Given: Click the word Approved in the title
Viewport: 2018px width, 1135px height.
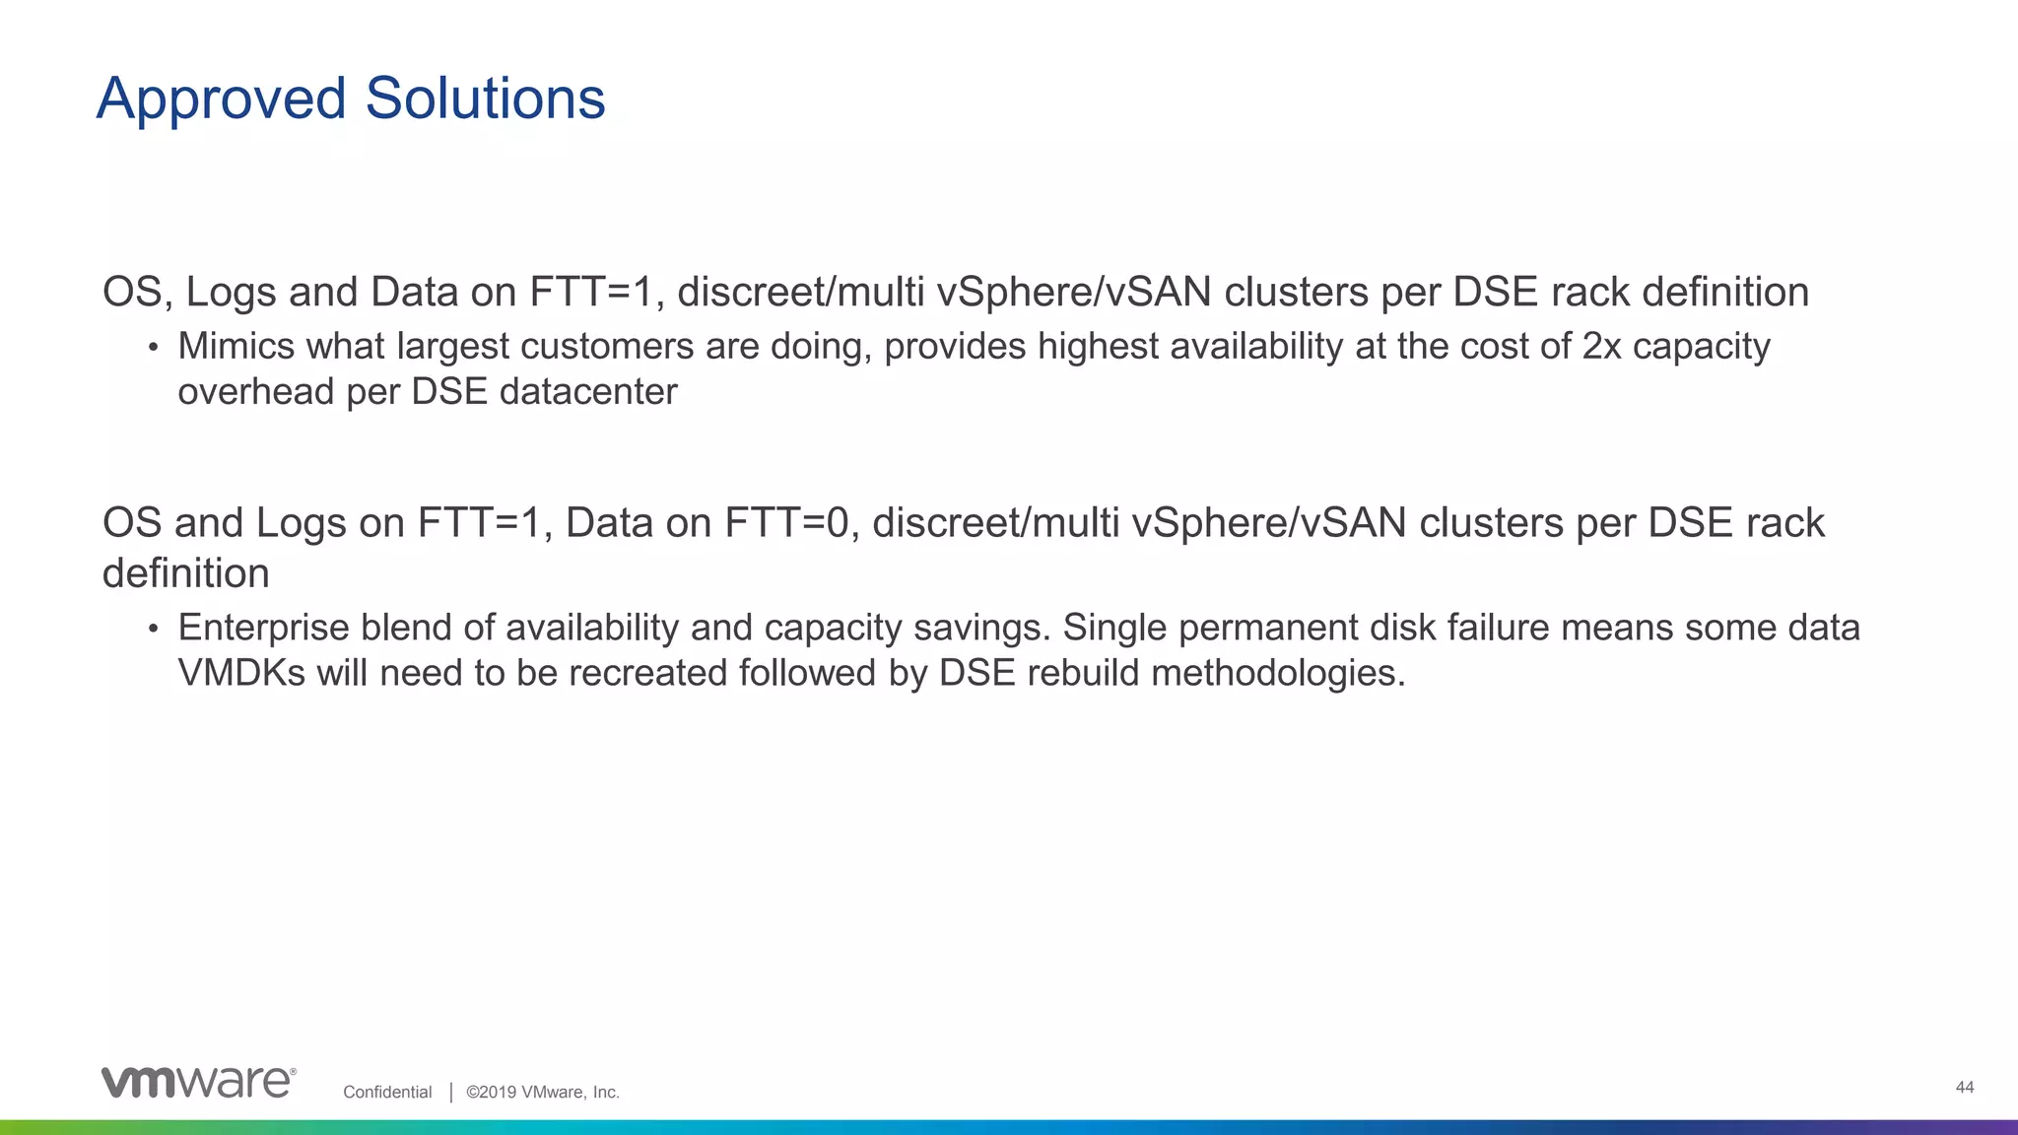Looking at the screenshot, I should (x=222, y=100).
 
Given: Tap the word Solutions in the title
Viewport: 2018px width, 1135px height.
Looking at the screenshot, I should (x=485, y=100).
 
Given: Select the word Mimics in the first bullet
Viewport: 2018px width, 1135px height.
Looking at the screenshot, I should (x=236, y=347).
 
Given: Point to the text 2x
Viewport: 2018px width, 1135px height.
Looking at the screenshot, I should (x=1601, y=347).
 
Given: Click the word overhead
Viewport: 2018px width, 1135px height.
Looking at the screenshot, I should (x=255, y=392).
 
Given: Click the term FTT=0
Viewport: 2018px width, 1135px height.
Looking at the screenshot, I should (x=786, y=523).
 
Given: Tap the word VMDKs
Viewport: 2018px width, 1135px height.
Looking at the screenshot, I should (x=241, y=673).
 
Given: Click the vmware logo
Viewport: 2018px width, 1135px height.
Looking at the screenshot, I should (x=198, y=1082).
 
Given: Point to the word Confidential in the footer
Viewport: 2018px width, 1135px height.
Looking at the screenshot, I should (x=387, y=1092).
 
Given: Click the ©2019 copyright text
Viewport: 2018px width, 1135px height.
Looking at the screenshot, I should (x=543, y=1092).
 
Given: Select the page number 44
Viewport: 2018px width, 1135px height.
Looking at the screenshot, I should (x=1964, y=1087).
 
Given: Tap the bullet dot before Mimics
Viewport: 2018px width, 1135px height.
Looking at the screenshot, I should (x=153, y=348).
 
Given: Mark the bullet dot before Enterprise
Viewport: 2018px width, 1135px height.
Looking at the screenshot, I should (x=153, y=629).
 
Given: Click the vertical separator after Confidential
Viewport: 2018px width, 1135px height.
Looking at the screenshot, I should (x=450, y=1092).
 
